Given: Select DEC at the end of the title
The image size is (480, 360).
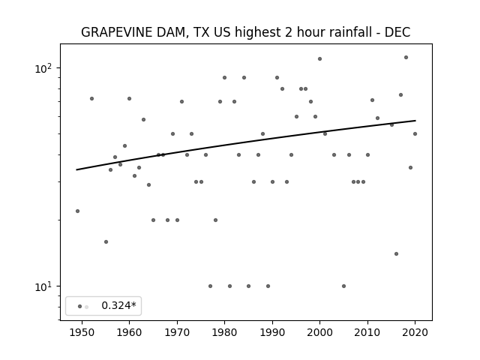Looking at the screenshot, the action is tap(397, 32).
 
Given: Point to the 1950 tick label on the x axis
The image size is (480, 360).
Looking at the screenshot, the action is tap(82, 332).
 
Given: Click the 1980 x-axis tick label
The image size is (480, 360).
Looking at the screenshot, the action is tap(224, 332).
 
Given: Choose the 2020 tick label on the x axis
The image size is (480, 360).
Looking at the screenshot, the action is tap(415, 332).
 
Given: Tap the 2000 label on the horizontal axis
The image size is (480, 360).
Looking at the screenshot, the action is tap(319, 332).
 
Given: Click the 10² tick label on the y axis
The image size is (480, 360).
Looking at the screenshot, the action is tap(43, 68).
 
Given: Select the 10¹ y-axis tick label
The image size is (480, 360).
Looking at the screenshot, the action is tap(43, 286).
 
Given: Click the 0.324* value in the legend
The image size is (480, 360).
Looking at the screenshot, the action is tap(118, 305).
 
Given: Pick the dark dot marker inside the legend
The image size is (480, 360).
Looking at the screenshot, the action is tap(79, 307).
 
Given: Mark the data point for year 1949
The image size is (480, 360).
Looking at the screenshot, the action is tap(77, 211).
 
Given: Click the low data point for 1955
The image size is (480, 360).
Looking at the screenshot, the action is tap(106, 241).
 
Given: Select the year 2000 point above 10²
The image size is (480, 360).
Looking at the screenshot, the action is tap(320, 58).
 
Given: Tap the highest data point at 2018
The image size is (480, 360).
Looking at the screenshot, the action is tap(406, 57).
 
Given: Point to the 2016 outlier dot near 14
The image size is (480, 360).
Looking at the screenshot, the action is tap(396, 253).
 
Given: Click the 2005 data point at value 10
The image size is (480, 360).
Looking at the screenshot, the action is tap(343, 286).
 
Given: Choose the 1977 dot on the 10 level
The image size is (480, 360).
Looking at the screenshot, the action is tap(210, 286).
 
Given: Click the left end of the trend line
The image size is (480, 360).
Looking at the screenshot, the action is tap(76, 169).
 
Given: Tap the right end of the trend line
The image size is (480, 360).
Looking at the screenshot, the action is tap(415, 121).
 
